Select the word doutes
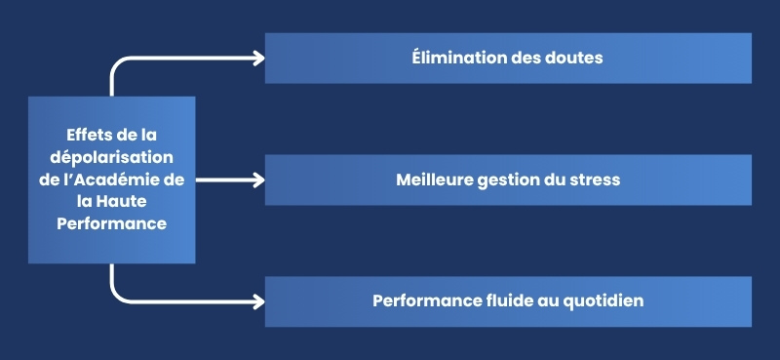[572, 58]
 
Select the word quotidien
[601, 300]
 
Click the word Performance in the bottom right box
[416, 300]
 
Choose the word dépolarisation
[111, 157]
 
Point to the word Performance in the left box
[111, 222]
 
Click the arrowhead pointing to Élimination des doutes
[258, 58]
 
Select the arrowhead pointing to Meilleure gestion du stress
[258, 180]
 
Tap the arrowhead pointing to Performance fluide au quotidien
[258, 301]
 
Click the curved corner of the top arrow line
[116, 63]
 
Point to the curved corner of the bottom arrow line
[116, 296]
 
